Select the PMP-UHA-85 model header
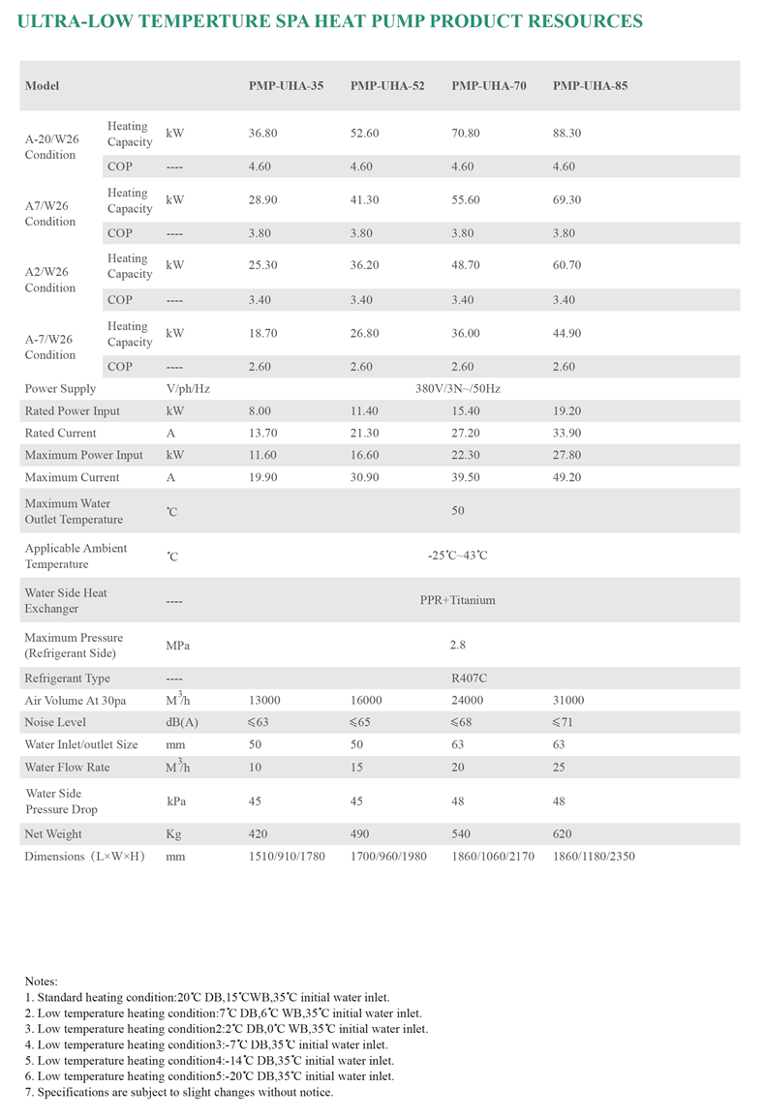pyautogui.click(x=590, y=85)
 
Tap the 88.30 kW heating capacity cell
pyautogui.click(x=566, y=133)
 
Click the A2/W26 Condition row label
pyautogui.click(x=50, y=280)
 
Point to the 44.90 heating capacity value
pyautogui.click(x=566, y=333)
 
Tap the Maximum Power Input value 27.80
pyautogui.click(x=566, y=455)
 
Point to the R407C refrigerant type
pyautogui.click(x=467, y=679)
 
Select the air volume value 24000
pyautogui.click(x=468, y=701)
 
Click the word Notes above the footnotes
pyautogui.click(x=41, y=981)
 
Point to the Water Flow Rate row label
pyautogui.click(x=67, y=767)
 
